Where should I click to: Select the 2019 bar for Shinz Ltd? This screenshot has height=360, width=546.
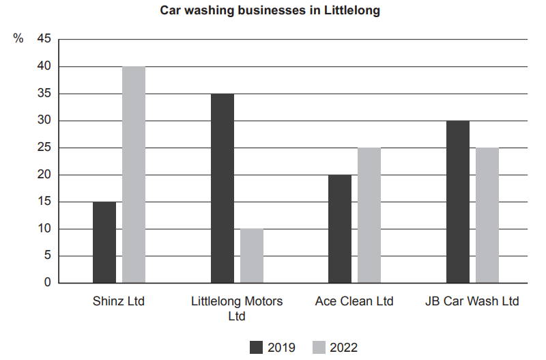click(104, 243)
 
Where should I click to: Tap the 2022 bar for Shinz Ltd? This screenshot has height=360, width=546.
click(134, 175)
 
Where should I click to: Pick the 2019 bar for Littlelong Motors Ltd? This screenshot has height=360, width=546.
click(222, 189)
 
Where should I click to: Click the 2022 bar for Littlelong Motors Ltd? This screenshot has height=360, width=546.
click(252, 255)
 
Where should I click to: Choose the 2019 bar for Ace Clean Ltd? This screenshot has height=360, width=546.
click(340, 229)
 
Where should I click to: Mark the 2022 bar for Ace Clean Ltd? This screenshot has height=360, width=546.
click(369, 215)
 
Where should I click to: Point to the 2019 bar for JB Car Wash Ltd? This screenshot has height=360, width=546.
click(458, 202)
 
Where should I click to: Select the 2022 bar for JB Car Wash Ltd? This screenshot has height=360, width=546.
click(487, 215)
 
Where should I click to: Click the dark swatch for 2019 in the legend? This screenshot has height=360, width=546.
click(257, 347)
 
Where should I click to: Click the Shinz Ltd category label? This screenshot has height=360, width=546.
click(119, 301)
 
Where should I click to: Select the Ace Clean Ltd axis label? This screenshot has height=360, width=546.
click(354, 301)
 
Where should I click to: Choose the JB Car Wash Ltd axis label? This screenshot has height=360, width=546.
click(472, 301)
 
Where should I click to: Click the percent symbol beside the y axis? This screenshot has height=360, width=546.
click(18, 39)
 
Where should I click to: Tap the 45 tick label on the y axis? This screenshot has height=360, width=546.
click(44, 39)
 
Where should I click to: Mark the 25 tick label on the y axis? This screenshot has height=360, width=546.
click(44, 148)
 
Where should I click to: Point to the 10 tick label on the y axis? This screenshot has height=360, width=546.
click(44, 229)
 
